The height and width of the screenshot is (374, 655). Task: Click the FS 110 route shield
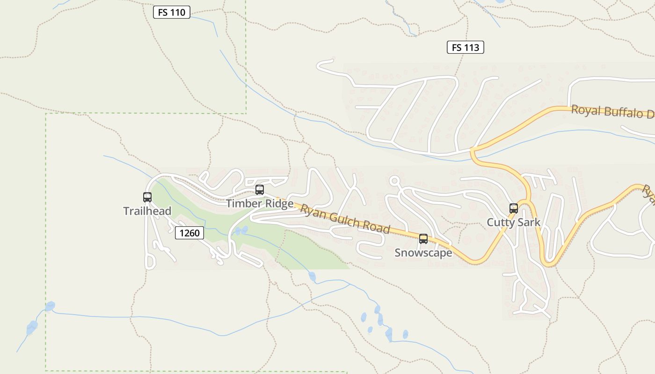(x=172, y=12)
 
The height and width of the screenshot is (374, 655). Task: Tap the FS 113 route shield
(x=465, y=47)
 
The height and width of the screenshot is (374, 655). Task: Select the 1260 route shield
(x=189, y=232)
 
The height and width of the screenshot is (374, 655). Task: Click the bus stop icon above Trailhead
(x=147, y=197)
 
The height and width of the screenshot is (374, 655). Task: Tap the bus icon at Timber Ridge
(x=260, y=190)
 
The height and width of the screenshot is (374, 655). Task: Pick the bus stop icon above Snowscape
(x=423, y=239)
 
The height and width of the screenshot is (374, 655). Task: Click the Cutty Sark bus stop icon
(x=514, y=209)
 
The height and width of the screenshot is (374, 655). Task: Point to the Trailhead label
(x=147, y=211)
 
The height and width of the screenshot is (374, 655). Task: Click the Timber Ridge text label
(x=260, y=203)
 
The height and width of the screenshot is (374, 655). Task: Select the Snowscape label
(x=423, y=253)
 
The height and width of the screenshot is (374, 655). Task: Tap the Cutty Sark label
(x=514, y=222)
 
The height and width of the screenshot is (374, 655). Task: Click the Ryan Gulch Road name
(x=345, y=219)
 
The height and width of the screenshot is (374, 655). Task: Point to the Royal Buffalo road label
(x=612, y=112)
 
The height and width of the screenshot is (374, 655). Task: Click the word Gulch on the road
(x=345, y=218)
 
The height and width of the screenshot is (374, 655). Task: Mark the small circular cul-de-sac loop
(x=394, y=181)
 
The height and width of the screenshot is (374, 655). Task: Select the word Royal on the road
(x=585, y=110)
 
